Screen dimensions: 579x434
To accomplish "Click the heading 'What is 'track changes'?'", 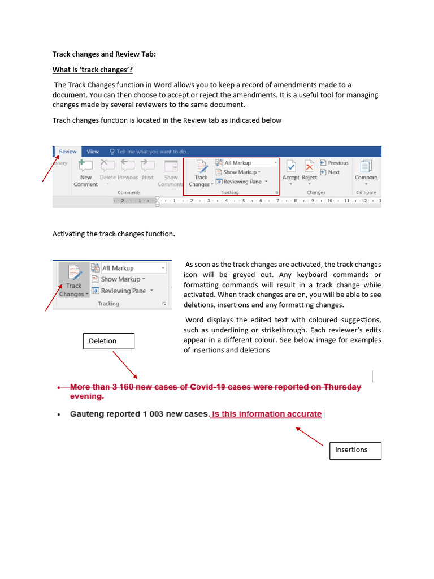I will pos(92,70).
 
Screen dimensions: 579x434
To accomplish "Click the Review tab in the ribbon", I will pos(68,152).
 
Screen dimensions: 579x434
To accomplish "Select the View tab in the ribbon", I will pos(93,152).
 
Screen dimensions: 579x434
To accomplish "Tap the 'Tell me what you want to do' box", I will pos(150,152).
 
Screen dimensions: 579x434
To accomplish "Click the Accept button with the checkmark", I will pos(290,167).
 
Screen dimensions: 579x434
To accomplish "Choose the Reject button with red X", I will pos(309,167).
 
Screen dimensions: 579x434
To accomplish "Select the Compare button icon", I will pos(366,167).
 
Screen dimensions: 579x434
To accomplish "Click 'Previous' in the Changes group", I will pos(334,163).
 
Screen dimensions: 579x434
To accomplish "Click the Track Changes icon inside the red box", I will pos(201,167).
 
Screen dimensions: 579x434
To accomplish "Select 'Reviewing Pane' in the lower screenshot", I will pos(123,291).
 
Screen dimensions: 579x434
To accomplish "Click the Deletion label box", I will pos(109,341).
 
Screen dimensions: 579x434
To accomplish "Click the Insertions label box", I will pos(355,450).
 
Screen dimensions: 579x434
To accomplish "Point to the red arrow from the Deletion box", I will pos(125,365).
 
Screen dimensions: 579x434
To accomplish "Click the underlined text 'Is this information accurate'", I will pos(266,414).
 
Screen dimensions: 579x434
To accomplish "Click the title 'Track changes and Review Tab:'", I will pos(103,54).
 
